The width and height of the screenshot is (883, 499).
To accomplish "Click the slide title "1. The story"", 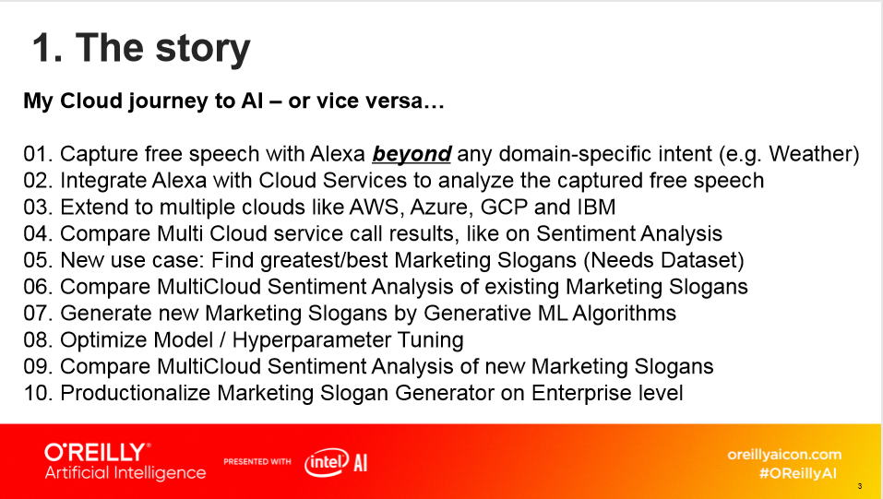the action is pyautogui.click(x=141, y=49).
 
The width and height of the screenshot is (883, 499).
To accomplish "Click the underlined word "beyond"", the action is pyautogui.click(x=412, y=154).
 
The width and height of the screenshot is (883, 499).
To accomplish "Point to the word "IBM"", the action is pyautogui.click(x=596, y=208).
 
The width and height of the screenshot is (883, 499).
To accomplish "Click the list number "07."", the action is pyautogui.click(x=39, y=314).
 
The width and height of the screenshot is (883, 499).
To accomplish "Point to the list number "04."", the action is pyautogui.click(x=39, y=233).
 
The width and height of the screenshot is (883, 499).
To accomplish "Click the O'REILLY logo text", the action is pyautogui.click(x=97, y=452).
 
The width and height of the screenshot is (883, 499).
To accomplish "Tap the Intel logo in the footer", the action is pyautogui.click(x=326, y=463).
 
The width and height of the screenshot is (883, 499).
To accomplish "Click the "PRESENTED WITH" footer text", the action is pyautogui.click(x=257, y=462).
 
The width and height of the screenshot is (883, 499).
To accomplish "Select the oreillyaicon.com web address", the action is pyautogui.click(x=784, y=455).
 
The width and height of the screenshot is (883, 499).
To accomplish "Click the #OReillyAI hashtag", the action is pyautogui.click(x=797, y=473).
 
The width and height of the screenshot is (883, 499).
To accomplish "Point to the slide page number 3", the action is pyautogui.click(x=860, y=486).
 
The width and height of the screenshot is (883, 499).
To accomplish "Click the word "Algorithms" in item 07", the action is pyautogui.click(x=624, y=314).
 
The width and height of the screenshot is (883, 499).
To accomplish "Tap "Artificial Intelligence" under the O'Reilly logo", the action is pyautogui.click(x=125, y=473).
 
